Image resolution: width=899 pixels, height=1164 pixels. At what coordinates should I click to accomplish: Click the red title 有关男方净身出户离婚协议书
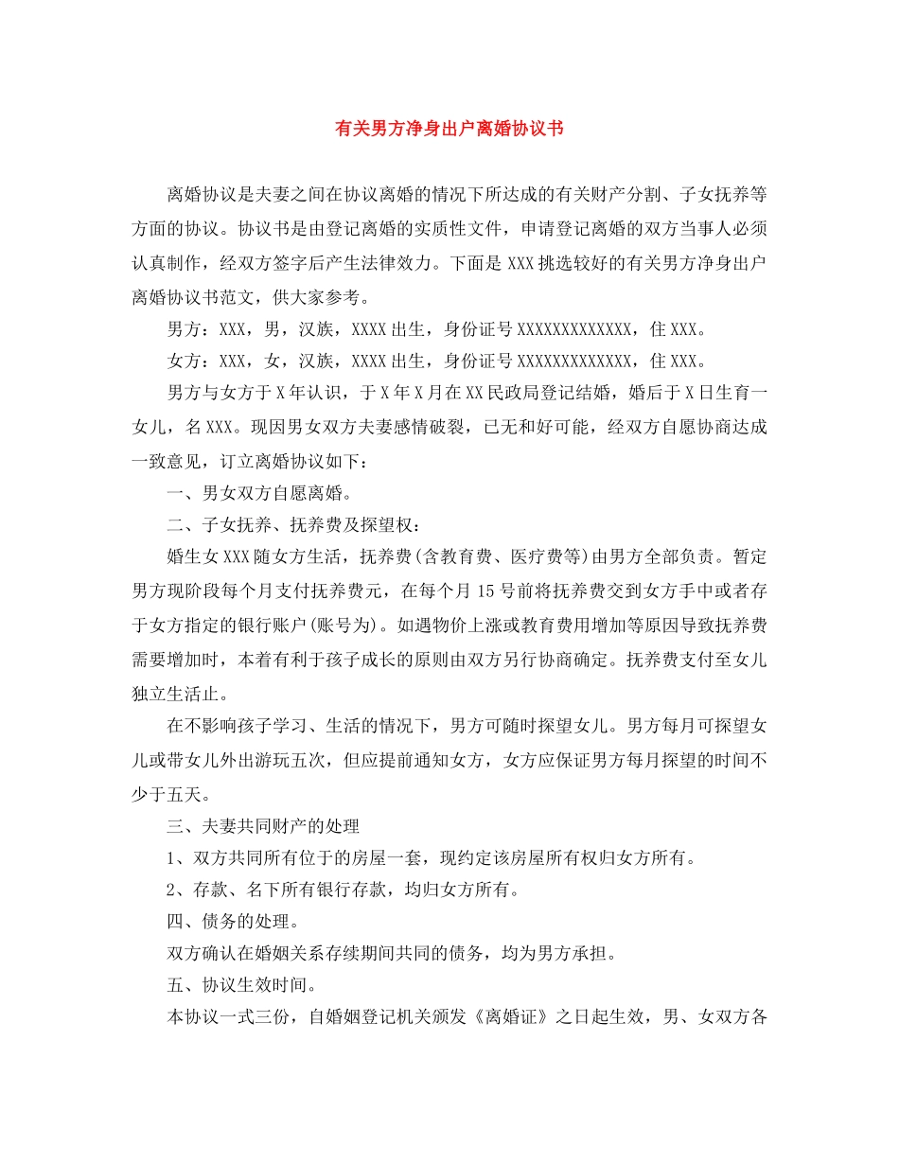(449, 128)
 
